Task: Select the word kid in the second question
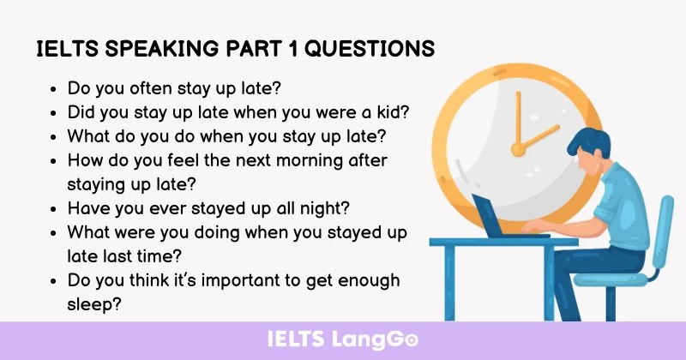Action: pyautogui.click(x=392, y=111)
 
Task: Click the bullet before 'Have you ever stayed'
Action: pyautogui.click(x=55, y=208)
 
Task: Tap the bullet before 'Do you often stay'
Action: pyautogui.click(x=55, y=87)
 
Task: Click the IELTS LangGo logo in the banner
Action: pyautogui.click(x=343, y=339)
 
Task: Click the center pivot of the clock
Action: pyautogui.click(x=518, y=149)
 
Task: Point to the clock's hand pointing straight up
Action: pyautogui.click(x=518, y=120)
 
